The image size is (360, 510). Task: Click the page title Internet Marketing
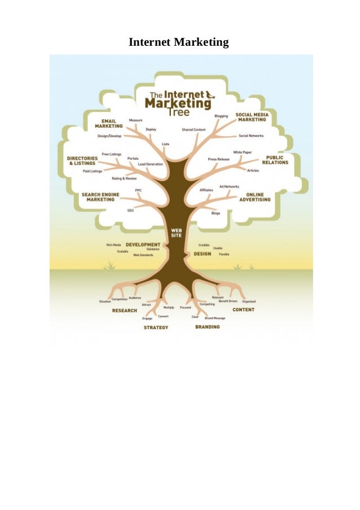pos(179,42)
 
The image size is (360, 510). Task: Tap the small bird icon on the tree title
pos(210,95)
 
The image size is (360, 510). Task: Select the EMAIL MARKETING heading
pos(108,123)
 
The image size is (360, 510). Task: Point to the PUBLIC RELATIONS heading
pos(275,160)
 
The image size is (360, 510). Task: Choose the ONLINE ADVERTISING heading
pos(254,197)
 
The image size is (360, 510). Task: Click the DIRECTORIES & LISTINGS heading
pos(83,160)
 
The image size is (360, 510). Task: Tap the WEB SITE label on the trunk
pos(176,233)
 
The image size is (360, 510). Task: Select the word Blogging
pos(221,116)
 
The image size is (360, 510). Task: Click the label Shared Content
pos(194,129)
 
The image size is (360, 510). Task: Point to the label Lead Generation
pos(150,164)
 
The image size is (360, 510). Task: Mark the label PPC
pos(138,190)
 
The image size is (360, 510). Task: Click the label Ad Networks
pos(229,186)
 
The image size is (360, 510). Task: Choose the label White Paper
pos(243,152)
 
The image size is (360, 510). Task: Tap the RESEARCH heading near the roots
pos(125,311)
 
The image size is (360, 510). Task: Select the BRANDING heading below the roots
pos(207,327)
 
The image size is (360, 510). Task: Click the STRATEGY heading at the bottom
pos(156,328)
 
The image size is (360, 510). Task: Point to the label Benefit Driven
pos(228,302)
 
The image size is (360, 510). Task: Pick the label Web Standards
pos(143,255)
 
